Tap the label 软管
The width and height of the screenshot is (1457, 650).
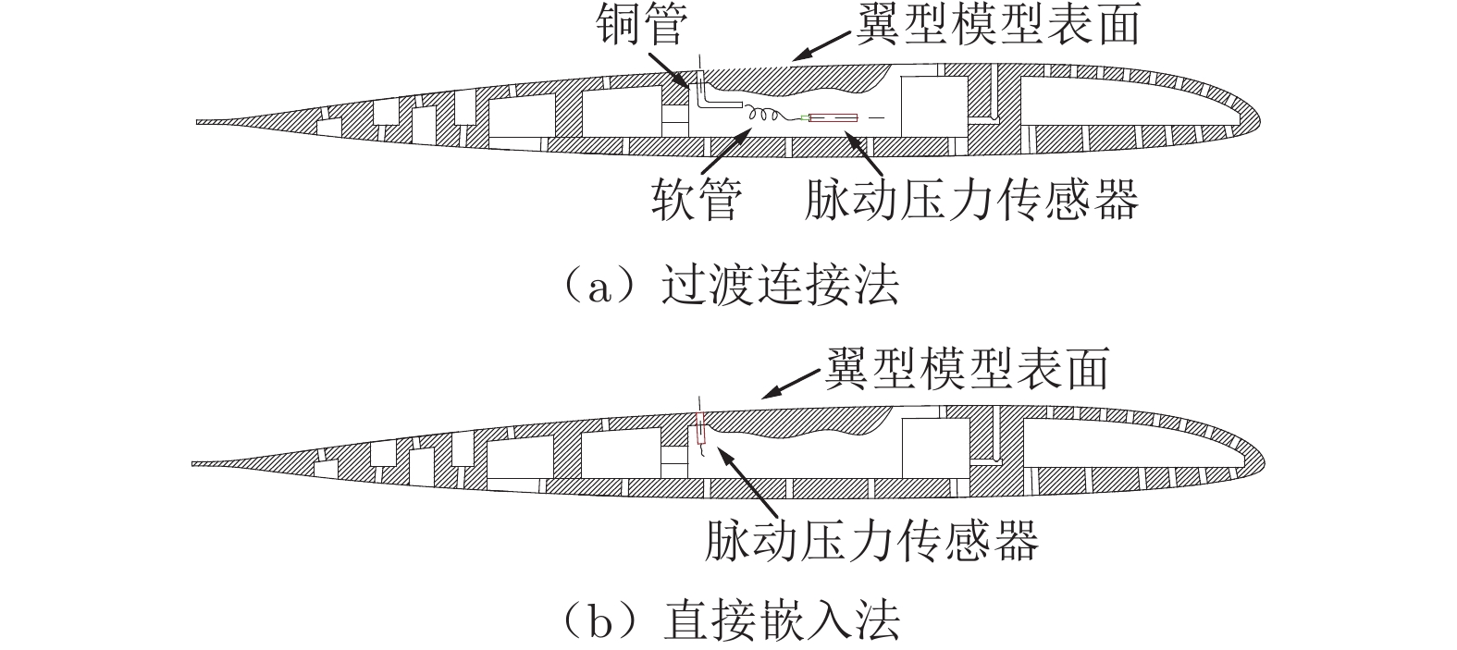(x=695, y=198)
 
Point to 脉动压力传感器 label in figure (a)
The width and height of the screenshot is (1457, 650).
(x=970, y=198)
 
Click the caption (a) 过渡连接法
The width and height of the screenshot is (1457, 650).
(x=728, y=286)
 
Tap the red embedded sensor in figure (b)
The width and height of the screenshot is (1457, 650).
(x=700, y=431)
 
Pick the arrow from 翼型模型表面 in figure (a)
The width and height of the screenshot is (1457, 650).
(x=820, y=46)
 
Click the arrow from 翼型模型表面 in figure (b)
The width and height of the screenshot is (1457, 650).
(x=790, y=385)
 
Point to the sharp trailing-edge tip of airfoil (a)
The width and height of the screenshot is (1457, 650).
(x=199, y=121)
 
